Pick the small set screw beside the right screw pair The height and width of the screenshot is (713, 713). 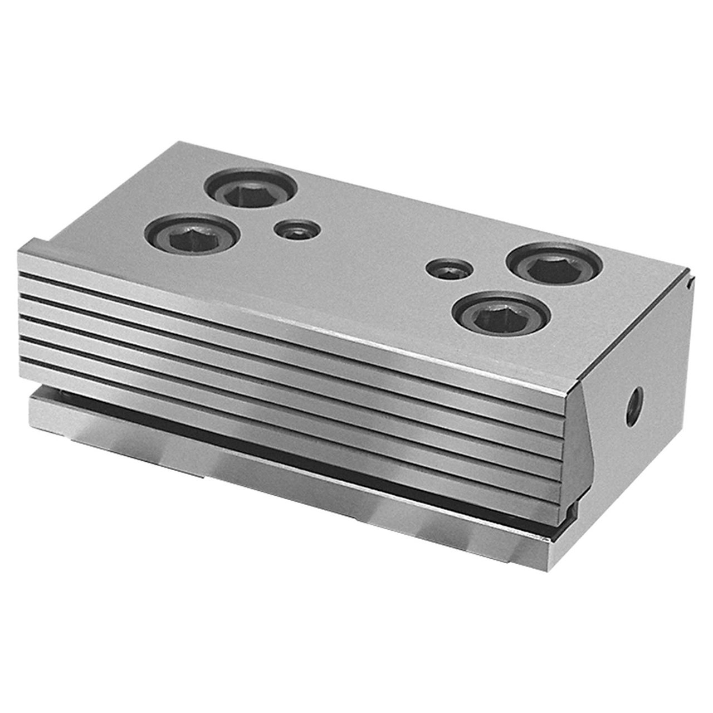tap(450, 270)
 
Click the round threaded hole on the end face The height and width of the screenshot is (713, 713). tap(633, 400)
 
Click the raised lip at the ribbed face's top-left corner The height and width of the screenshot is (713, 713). tap(35, 245)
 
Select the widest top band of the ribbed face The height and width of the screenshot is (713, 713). tap(279, 312)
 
